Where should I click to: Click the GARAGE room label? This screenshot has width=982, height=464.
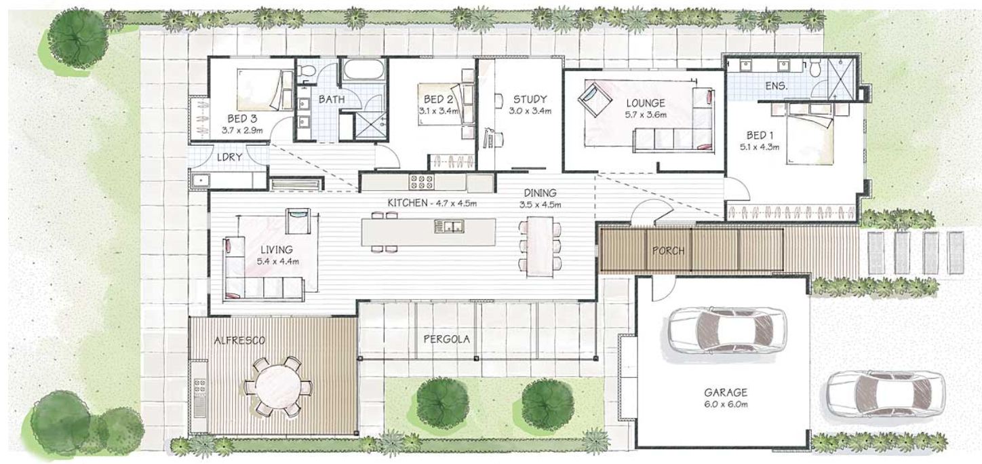pyautogui.click(x=726, y=392)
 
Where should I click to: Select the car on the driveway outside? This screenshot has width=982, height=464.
pyautogui.click(x=886, y=393)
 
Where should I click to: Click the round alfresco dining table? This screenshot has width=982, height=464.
pyautogui.click(x=278, y=387)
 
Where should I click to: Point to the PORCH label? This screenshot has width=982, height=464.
pyautogui.click(x=668, y=251)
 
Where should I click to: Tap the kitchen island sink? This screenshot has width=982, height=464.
pyautogui.click(x=449, y=227)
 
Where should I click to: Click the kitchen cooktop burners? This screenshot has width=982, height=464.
pyautogui.click(x=421, y=182)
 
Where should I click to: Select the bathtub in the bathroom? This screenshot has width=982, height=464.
pyautogui.click(x=364, y=70)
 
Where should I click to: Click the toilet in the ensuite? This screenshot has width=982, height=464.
pyautogui.click(x=815, y=69)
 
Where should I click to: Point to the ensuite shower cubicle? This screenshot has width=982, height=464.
pyautogui.click(x=841, y=78)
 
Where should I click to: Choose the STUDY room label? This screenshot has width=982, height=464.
pyautogui.click(x=530, y=99)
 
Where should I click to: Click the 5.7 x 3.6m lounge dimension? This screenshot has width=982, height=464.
pyautogui.click(x=646, y=115)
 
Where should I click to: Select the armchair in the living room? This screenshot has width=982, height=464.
pyautogui.click(x=298, y=221)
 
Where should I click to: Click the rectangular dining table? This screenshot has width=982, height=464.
pyautogui.click(x=540, y=246)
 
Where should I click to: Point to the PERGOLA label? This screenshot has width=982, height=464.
pyautogui.click(x=446, y=339)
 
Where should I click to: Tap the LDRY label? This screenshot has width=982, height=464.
pyautogui.click(x=229, y=157)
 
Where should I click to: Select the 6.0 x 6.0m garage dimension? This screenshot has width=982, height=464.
pyautogui.click(x=726, y=404)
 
